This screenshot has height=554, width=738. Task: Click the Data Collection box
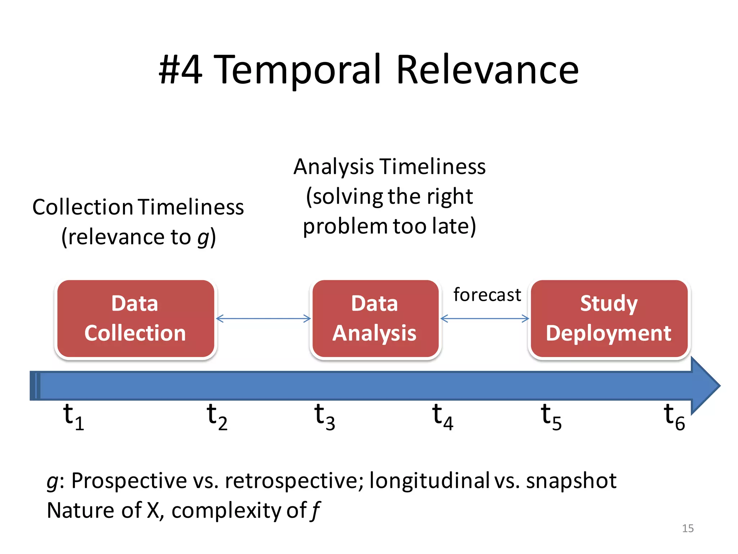(135, 318)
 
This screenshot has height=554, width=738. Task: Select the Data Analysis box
(375, 318)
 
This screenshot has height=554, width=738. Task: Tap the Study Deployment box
(609, 318)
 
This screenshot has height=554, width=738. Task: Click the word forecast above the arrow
(487, 295)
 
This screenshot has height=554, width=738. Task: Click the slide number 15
(688, 528)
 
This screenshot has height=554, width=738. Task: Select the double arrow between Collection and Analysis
(263, 318)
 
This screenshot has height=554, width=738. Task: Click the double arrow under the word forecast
(485, 318)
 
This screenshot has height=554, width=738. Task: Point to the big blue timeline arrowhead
(704, 386)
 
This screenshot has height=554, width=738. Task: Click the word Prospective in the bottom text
(129, 481)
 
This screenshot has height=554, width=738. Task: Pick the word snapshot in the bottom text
(571, 481)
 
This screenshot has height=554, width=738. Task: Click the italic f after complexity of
(316, 511)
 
